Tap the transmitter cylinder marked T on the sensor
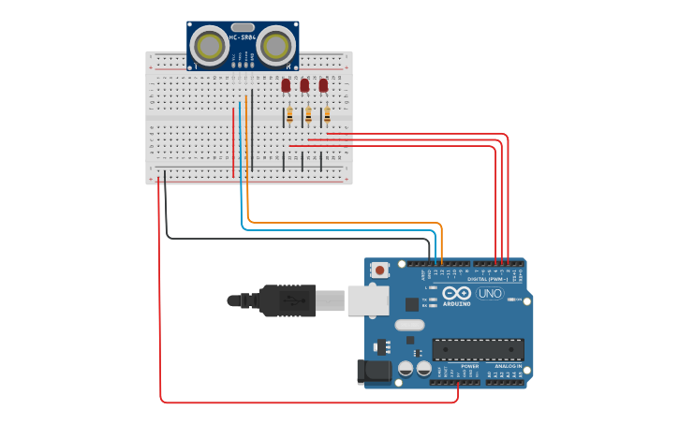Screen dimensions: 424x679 (x=212, y=46)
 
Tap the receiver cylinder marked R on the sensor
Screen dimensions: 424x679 (x=275, y=45)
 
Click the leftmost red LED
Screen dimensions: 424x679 (x=286, y=85)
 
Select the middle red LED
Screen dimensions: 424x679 (x=304, y=85)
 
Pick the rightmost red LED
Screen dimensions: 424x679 (x=323, y=85)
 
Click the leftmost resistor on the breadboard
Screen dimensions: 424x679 (x=289, y=115)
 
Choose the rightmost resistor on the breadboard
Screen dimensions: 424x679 (x=327, y=115)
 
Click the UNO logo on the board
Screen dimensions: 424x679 (x=489, y=293)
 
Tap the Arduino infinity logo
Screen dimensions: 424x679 (x=458, y=293)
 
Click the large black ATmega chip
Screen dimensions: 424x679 (x=477, y=350)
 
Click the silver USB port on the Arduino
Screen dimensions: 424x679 (x=367, y=300)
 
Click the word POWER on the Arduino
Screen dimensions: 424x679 (x=456, y=366)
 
